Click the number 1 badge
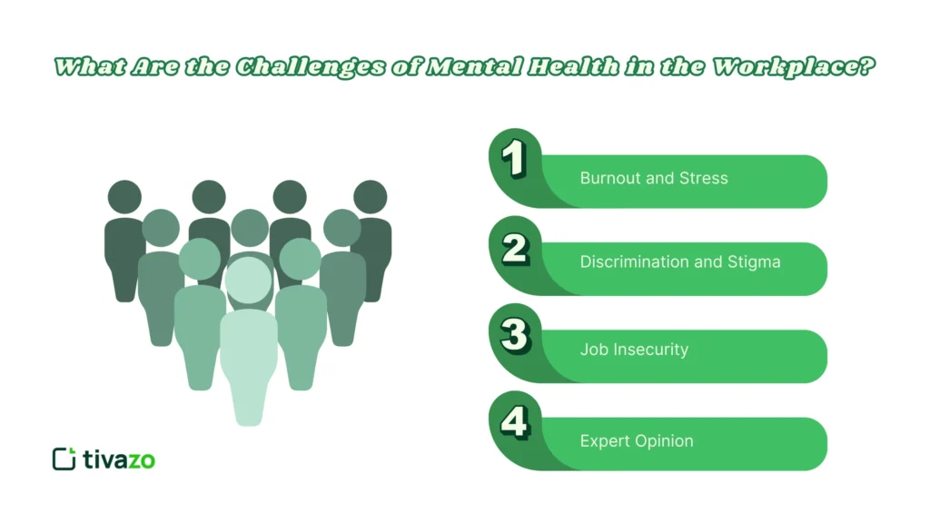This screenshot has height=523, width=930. (x=515, y=160)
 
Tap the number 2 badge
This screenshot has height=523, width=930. (x=515, y=247)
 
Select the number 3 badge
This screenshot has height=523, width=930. (x=515, y=335)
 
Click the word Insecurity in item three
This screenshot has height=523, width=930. (x=650, y=350)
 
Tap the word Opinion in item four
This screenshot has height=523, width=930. (x=663, y=441)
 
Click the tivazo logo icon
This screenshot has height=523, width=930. (x=64, y=459)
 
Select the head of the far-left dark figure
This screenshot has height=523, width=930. (x=124, y=197)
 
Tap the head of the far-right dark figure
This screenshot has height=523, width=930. (x=371, y=197)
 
